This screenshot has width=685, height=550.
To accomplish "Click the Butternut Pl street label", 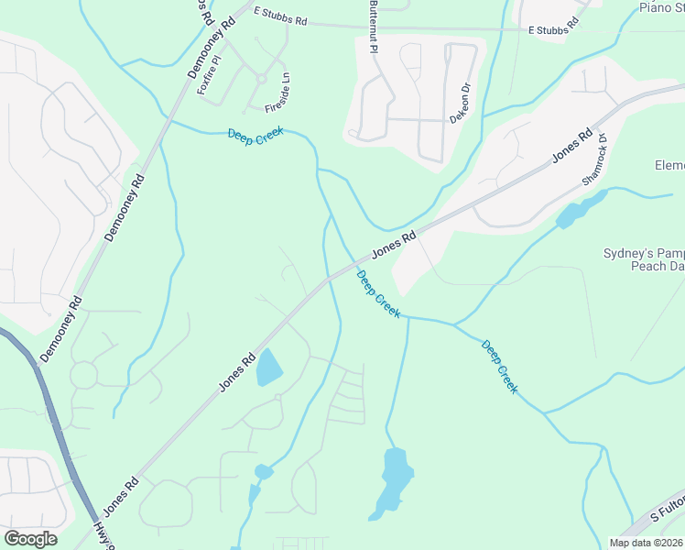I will point(373,27).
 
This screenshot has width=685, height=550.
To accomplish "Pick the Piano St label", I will point(661,8).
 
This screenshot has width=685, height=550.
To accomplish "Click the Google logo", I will point(30,538).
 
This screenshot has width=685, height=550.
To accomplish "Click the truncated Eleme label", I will point(669,166).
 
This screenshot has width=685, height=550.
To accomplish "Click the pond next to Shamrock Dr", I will point(573,213).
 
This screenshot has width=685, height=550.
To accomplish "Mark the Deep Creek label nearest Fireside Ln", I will point(256,133).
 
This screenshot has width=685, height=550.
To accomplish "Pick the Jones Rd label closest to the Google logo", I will point(120,495).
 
